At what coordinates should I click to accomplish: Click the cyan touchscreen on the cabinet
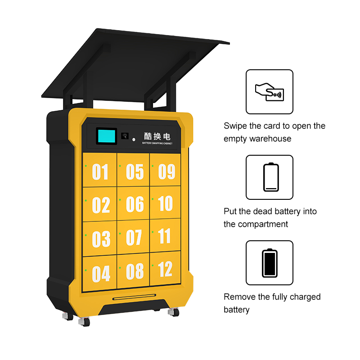click(107, 136)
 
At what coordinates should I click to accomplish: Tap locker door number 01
click(99, 170)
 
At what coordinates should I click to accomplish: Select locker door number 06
click(133, 203)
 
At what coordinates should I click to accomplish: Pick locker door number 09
click(165, 170)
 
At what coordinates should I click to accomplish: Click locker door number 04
click(99, 273)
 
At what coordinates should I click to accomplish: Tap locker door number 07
click(133, 237)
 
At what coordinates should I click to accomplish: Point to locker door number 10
click(165, 202)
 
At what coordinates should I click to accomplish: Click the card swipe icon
click(270, 92)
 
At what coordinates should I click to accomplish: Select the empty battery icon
click(271, 177)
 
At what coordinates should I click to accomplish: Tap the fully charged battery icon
click(270, 263)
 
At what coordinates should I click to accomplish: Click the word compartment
click(263, 224)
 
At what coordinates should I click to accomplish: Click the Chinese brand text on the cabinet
click(157, 136)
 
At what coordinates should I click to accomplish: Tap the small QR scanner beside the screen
click(125, 136)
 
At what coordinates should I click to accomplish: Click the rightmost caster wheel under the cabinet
click(174, 312)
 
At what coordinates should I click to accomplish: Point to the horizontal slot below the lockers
click(134, 297)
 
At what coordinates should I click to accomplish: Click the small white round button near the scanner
click(134, 139)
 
